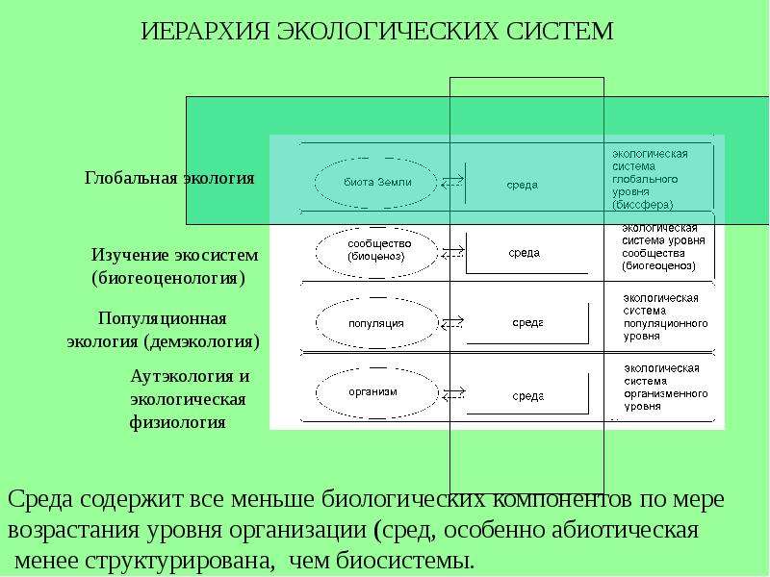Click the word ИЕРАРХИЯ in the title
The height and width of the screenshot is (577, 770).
pos(205,31)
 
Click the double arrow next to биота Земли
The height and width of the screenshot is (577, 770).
pos(452,182)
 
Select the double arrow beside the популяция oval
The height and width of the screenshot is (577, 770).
pos(452,323)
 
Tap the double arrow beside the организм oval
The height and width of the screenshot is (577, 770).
pos(453,393)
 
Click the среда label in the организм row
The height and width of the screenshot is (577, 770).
pos(527,396)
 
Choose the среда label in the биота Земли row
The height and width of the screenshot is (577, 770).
pos(522,185)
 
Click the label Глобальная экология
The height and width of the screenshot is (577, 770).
pos(169,178)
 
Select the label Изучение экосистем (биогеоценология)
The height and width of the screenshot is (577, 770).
pos(174,266)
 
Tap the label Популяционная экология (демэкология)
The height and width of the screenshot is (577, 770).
pos(163,330)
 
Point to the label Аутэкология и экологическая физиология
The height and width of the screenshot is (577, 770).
pos(190,399)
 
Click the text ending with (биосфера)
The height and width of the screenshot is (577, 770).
pos(650,179)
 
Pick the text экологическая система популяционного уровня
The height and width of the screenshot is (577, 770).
pos(665,317)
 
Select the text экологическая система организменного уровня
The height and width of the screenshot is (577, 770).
pos(665,388)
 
